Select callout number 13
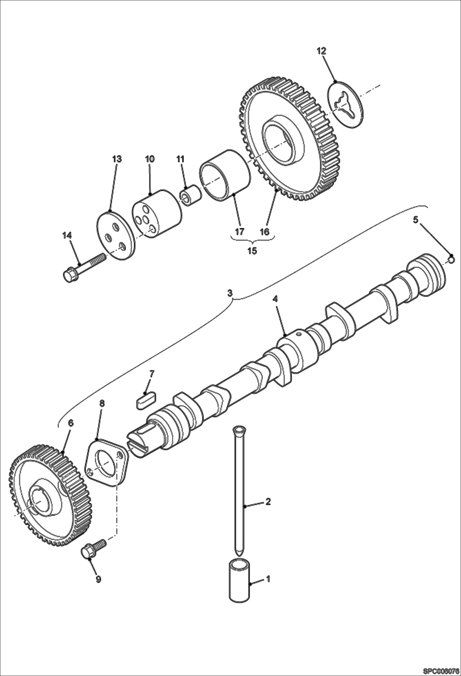pos(117,159)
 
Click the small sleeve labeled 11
pos(190,197)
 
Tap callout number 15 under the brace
pos(252,250)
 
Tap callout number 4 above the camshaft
pos(275,299)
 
